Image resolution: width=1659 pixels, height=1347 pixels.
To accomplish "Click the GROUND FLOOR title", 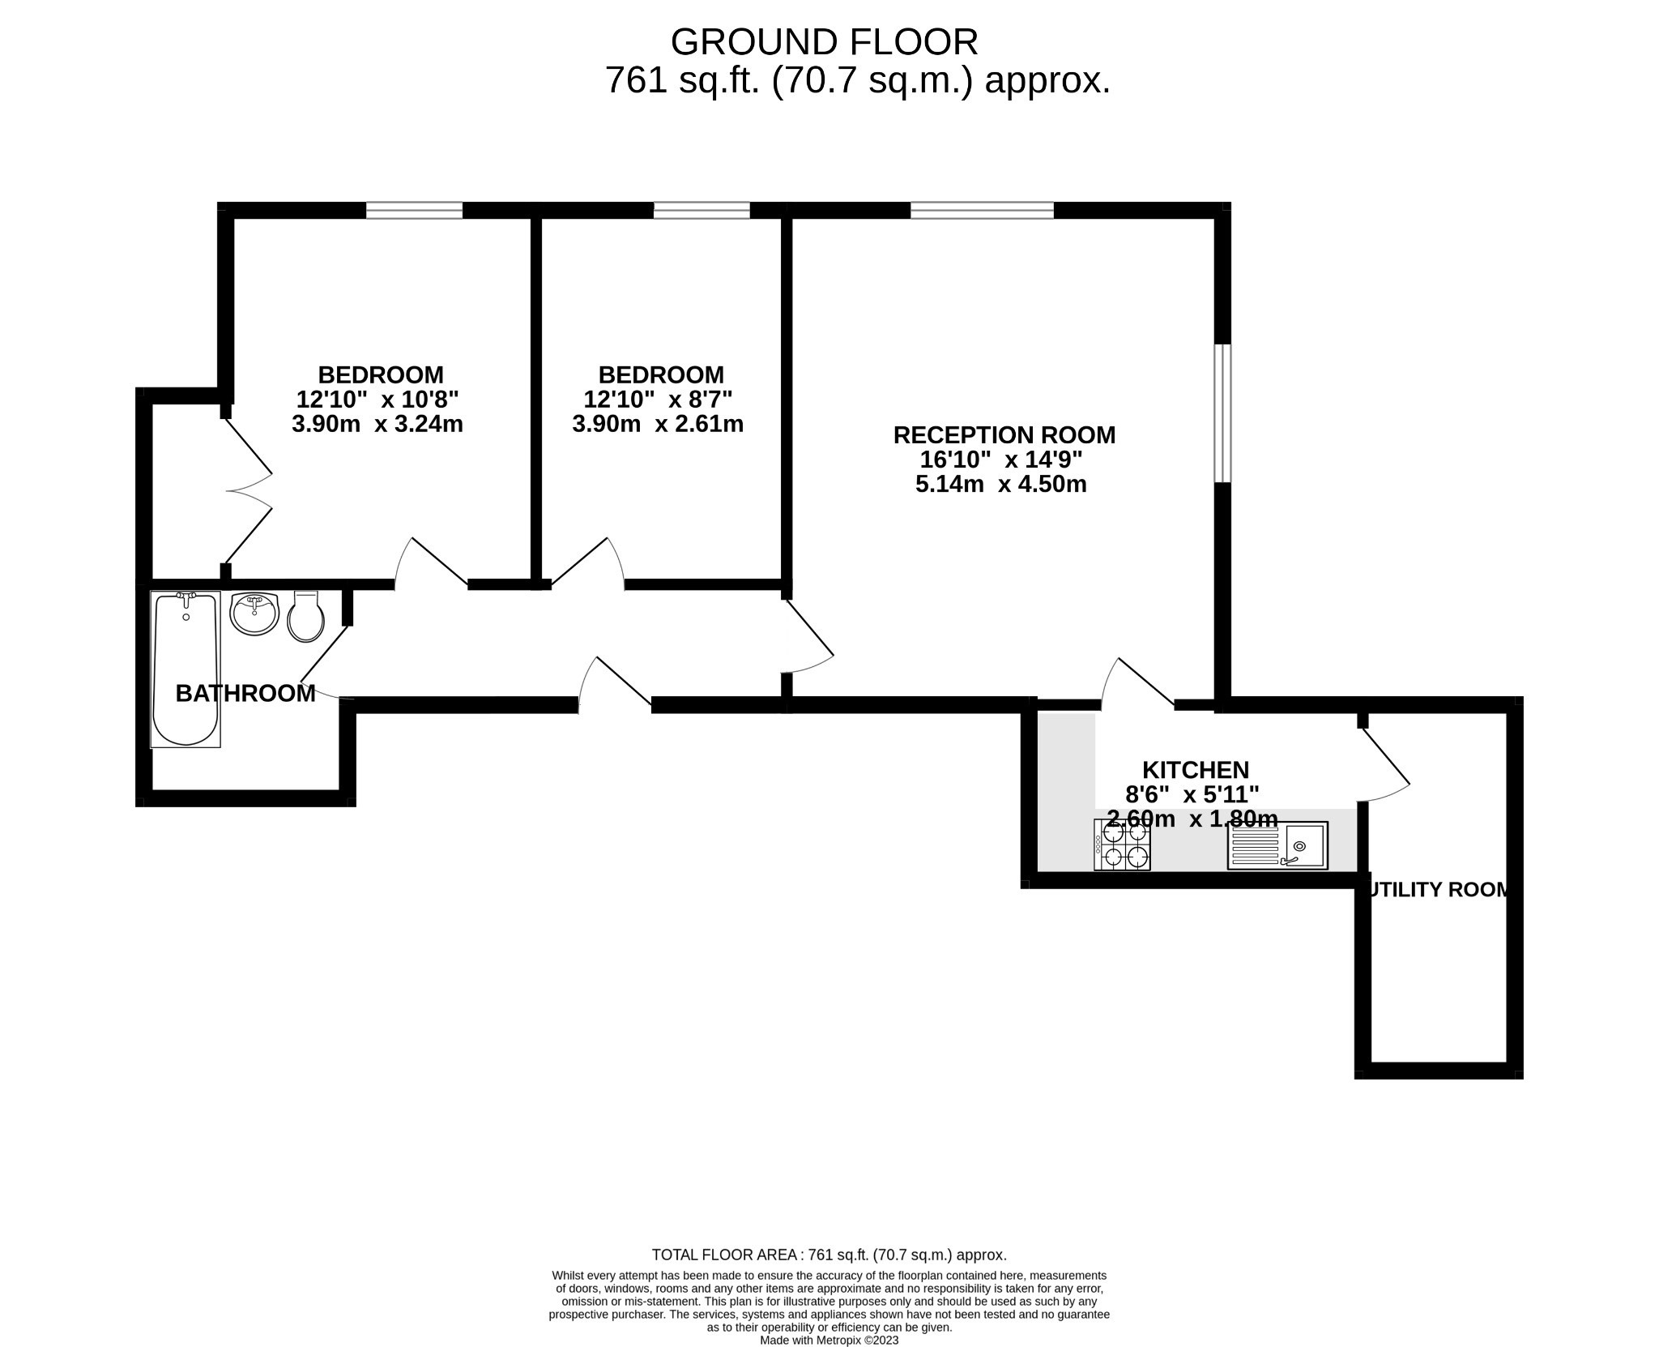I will coord(824,42).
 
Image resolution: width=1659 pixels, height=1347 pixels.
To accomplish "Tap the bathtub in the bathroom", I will coord(186,669).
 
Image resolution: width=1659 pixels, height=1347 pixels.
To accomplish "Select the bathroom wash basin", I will coord(254,614).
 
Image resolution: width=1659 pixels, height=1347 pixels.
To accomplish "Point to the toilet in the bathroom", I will coord(305,617).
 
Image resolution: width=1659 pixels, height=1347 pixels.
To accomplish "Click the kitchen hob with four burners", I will coord(1122,845).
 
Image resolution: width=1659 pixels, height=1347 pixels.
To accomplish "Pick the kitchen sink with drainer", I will coord(1277,845).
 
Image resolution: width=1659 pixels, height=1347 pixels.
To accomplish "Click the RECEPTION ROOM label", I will coord(1004,435).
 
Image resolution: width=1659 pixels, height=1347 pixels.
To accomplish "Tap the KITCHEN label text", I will coord(1195,769).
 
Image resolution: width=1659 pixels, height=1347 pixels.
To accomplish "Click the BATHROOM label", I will coord(245,694).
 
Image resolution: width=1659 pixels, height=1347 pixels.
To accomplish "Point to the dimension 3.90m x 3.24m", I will coord(377,424).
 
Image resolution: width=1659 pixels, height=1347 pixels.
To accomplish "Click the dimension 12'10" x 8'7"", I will coord(658,400).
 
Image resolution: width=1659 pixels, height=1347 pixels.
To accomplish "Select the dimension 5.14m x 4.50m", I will coord(1000,485).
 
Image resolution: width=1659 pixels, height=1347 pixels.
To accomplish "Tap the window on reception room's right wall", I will coord(1222,413).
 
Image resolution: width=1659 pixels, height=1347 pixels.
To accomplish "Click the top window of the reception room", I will coord(982,211).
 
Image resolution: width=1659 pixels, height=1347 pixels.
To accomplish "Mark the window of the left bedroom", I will coord(414,211).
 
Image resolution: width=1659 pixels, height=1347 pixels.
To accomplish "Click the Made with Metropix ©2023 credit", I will coord(829,1341).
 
